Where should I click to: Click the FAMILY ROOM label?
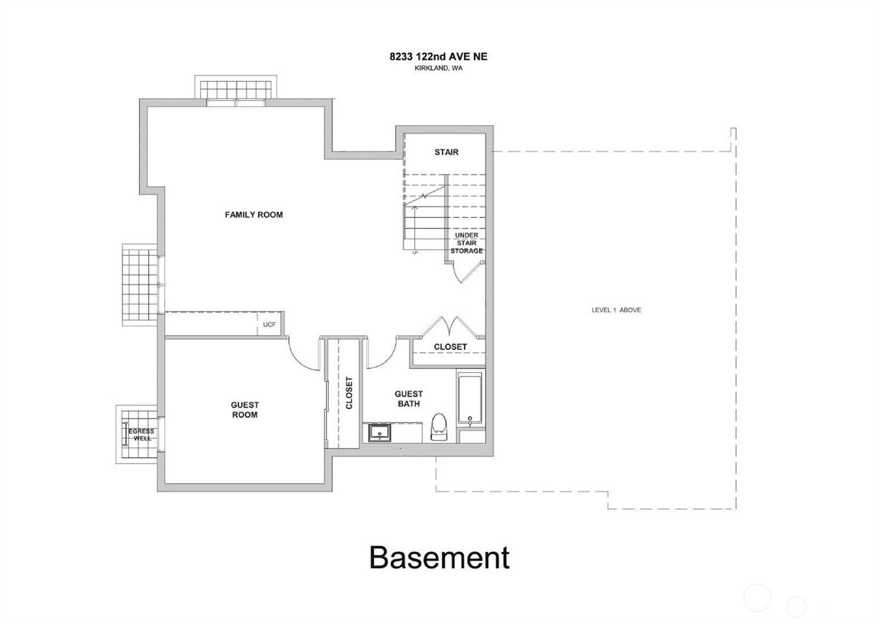click(x=254, y=214)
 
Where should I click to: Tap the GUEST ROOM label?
click(x=244, y=410)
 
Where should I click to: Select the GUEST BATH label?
click(x=409, y=399)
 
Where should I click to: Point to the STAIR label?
click(x=446, y=152)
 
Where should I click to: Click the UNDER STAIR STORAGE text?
click(x=466, y=243)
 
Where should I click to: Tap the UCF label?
click(x=269, y=324)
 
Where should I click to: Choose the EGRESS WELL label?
click(x=141, y=435)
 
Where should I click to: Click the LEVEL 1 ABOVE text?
click(x=616, y=310)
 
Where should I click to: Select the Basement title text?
click(x=439, y=558)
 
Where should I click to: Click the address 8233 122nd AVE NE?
click(x=438, y=57)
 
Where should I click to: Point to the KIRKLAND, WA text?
click(x=438, y=68)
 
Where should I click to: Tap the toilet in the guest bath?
click(x=439, y=427)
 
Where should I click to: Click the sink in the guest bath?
click(x=379, y=432)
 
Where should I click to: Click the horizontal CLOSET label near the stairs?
click(x=450, y=347)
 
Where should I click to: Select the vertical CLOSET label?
click(x=349, y=393)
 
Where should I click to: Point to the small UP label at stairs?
click(x=415, y=253)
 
